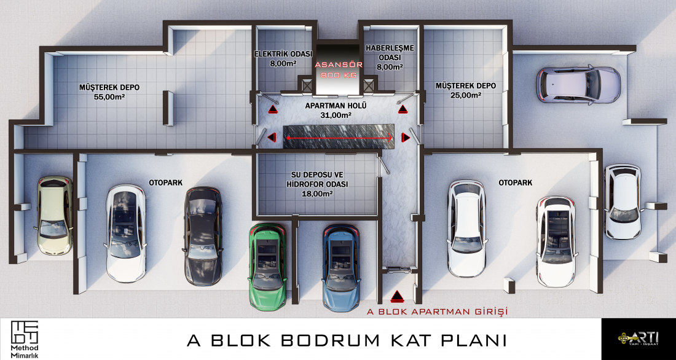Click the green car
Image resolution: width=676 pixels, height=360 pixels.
pyautogui.click(x=268, y=267)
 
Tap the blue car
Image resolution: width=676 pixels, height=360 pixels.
pyautogui.click(x=341, y=267)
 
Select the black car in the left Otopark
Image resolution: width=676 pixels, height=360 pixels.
pyautogui.click(x=203, y=236)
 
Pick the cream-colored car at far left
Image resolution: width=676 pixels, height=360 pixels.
pyautogui.click(x=55, y=215)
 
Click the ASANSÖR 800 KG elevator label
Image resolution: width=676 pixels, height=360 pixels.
pyautogui.click(x=339, y=70)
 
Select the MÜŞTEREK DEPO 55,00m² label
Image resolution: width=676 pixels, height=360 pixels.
pyautogui.click(x=109, y=92)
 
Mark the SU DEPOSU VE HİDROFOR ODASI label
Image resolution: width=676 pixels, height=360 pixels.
pyautogui.click(x=317, y=184)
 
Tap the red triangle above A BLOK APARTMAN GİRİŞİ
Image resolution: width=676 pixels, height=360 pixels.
pyautogui.click(x=396, y=295)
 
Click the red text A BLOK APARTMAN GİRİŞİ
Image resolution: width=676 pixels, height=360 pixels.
pyautogui.click(x=437, y=311)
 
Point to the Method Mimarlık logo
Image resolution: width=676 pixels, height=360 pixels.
pyautogui.click(x=25, y=339)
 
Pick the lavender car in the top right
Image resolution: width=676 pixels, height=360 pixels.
pyautogui.click(x=578, y=85)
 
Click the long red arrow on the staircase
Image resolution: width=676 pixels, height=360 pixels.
pyautogui.click(x=340, y=138)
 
